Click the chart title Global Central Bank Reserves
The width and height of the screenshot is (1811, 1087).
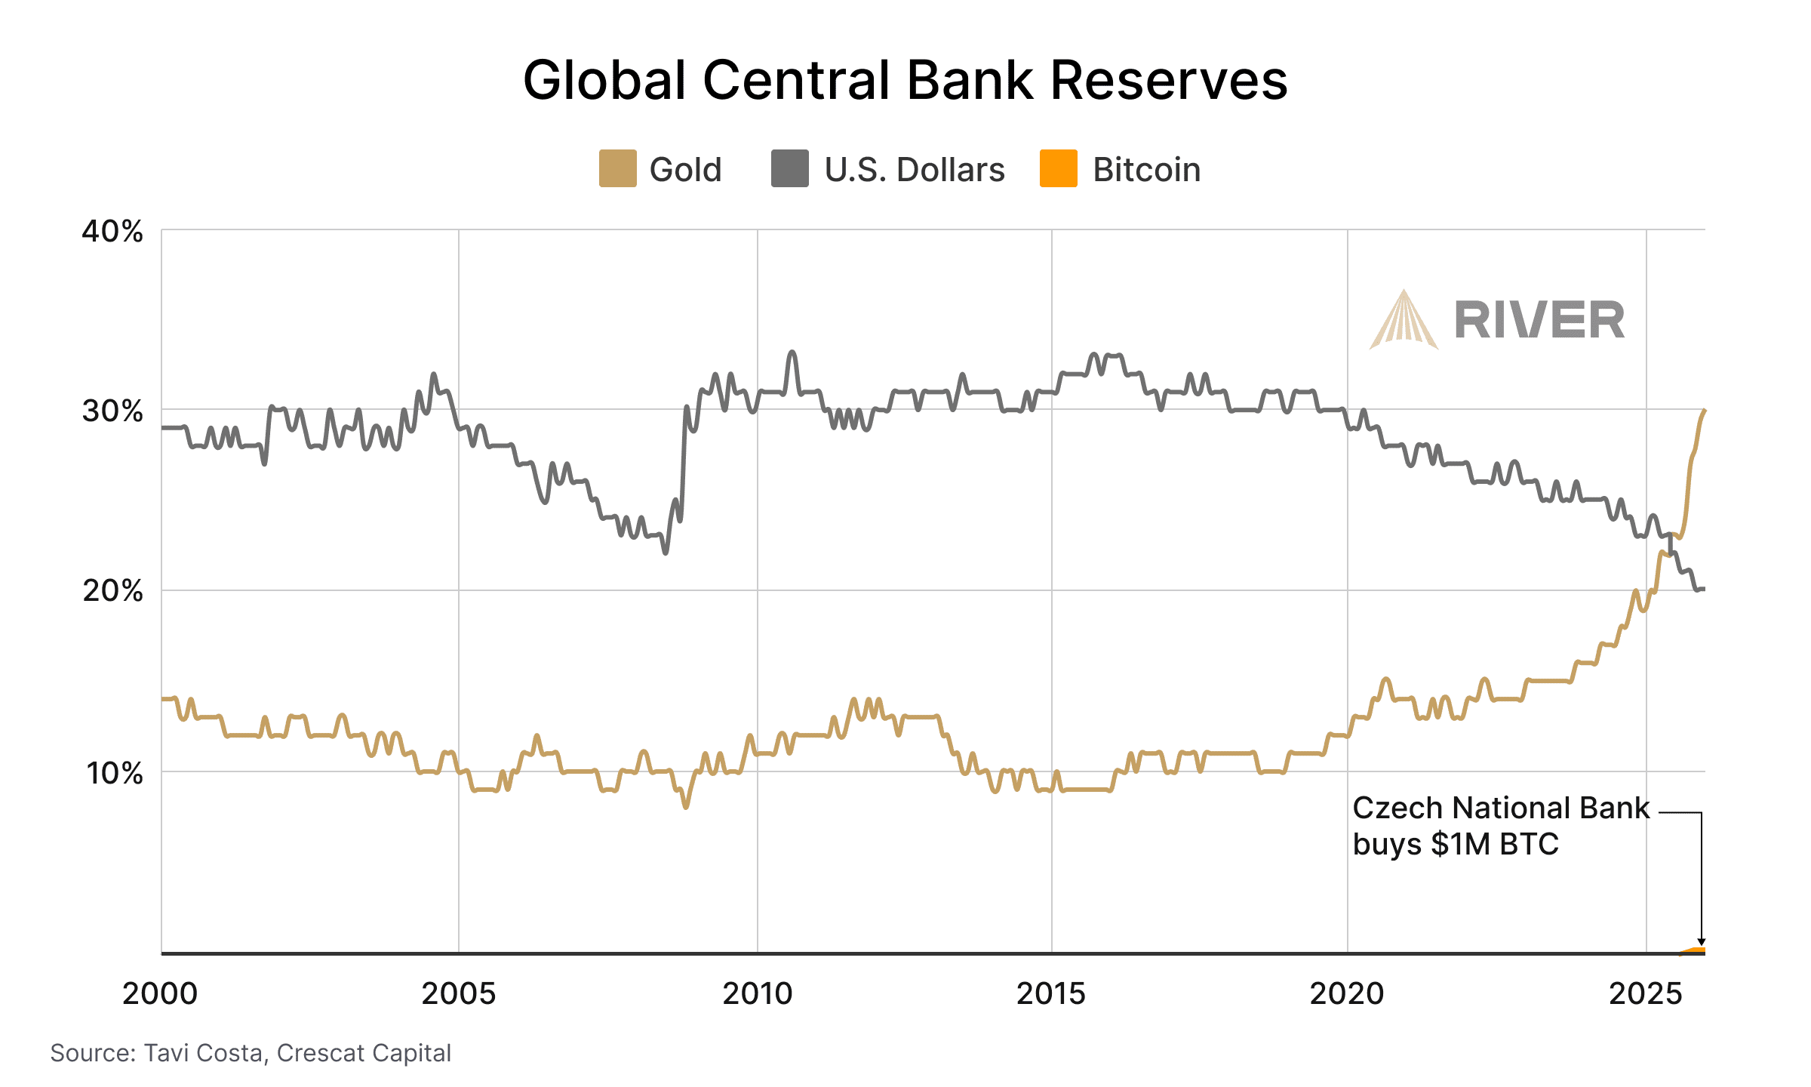[x=906, y=80]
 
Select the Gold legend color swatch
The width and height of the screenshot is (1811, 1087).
[x=617, y=168]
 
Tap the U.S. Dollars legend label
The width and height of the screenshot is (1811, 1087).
[x=914, y=170]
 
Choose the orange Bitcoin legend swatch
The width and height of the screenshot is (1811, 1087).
[x=1058, y=168]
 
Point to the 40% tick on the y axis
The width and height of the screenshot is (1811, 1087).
[x=112, y=231]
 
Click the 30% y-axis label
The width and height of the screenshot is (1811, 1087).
[x=112, y=411]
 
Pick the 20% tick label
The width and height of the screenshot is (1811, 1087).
[x=112, y=591]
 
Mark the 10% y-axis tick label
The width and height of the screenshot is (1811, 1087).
[x=114, y=773]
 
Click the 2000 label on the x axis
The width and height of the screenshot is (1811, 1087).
[x=160, y=993]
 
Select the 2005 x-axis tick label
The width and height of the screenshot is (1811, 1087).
[x=459, y=993]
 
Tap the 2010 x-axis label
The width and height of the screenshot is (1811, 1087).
[x=758, y=993]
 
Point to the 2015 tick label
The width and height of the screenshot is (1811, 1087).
[x=1051, y=993]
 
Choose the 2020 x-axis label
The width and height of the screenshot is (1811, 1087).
[x=1347, y=993]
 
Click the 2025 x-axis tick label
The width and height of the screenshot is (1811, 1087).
[x=1646, y=993]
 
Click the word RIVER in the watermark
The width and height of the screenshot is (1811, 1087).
[x=1539, y=320]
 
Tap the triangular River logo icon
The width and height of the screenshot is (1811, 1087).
[x=1404, y=322]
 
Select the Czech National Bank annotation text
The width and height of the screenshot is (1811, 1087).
[x=1500, y=826]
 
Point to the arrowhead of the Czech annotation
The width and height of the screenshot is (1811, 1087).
[x=1702, y=941]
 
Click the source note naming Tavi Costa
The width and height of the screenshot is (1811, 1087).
[x=251, y=1053]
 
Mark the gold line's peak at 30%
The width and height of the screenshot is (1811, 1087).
[x=1704, y=411]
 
